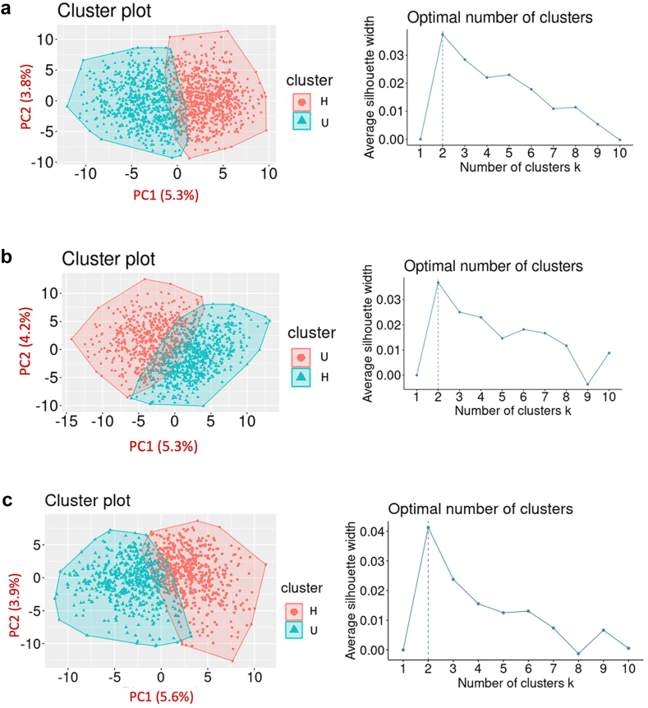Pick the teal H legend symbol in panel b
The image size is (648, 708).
click(300, 383)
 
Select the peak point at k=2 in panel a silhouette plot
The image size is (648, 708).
click(443, 34)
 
